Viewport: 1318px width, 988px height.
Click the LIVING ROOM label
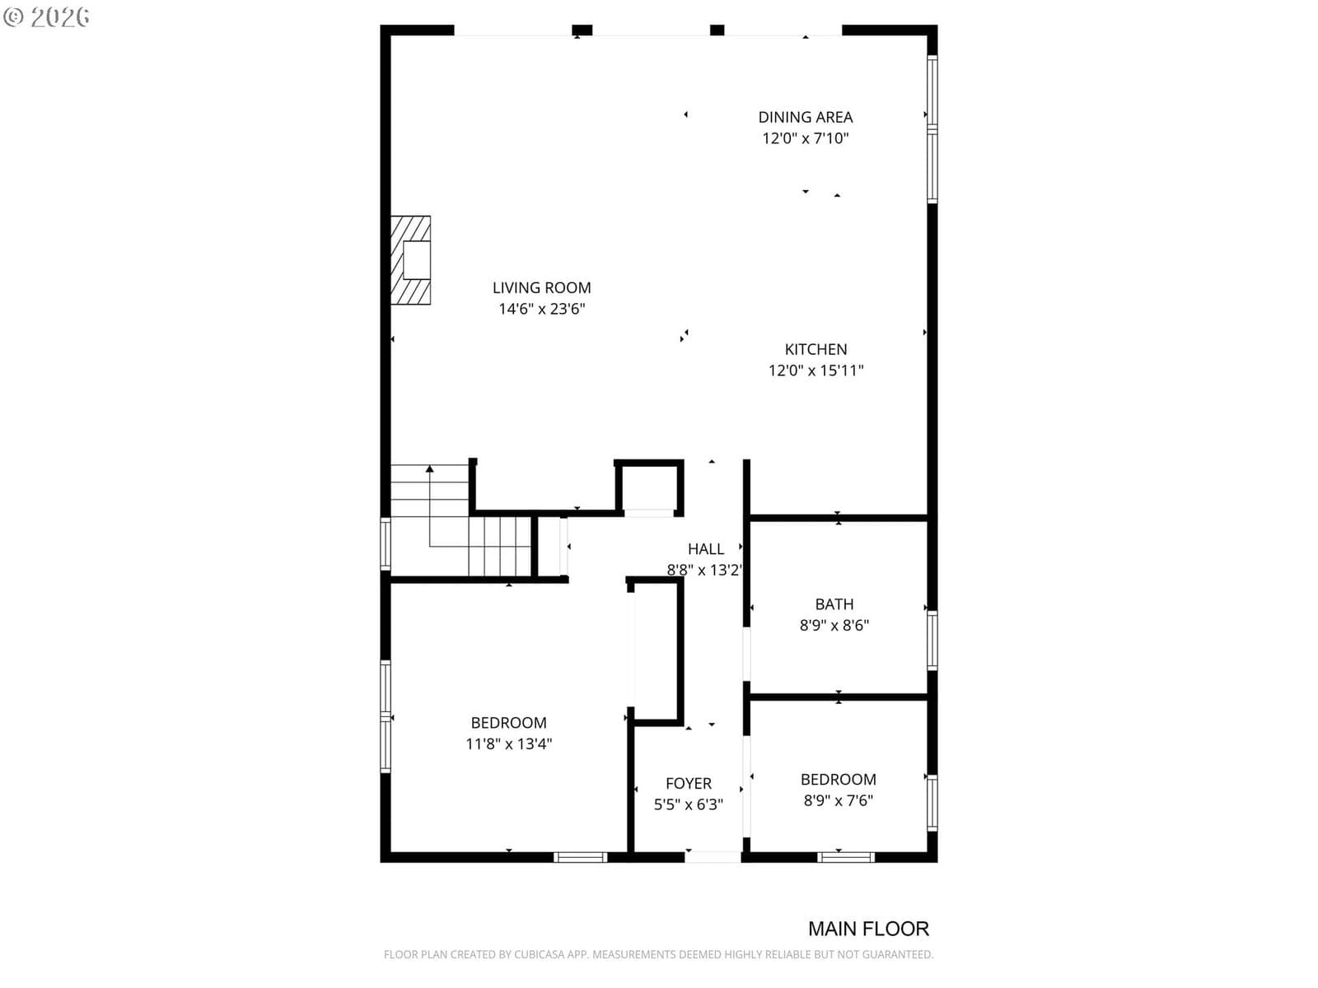[541, 288]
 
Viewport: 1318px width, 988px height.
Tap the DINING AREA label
[805, 118]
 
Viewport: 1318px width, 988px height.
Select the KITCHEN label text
[816, 349]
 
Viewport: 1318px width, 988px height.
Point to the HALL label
[705, 549]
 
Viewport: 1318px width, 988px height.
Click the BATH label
[834, 604]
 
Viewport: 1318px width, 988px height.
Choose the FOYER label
[688, 784]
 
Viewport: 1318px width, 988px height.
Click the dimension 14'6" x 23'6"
[541, 309]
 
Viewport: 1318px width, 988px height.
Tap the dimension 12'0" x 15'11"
[816, 370]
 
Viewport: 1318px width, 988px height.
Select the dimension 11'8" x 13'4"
[508, 743]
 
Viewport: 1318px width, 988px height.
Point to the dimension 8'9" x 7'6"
[839, 800]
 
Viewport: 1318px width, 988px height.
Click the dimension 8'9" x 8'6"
[834, 625]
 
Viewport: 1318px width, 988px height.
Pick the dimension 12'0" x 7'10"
[805, 138]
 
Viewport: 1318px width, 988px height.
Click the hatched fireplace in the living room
[411, 260]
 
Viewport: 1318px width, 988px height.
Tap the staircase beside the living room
[460, 520]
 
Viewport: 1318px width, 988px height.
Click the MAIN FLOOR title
[868, 929]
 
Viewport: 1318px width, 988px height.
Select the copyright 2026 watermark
[46, 16]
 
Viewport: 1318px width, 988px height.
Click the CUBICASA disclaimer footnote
[658, 954]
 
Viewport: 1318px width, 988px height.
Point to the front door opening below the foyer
[713, 857]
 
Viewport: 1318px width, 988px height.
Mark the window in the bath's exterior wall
[932, 640]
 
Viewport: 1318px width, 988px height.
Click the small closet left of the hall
[649, 487]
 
